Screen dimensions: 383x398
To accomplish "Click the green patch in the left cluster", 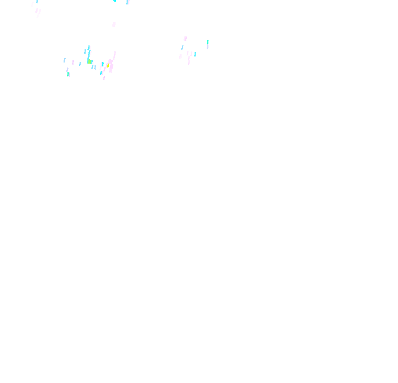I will (x=90, y=61).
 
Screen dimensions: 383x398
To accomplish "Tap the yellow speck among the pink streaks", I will (x=108, y=64).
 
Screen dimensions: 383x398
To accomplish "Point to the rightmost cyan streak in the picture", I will (x=208, y=43).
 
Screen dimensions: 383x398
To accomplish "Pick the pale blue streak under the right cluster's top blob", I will (x=182, y=48).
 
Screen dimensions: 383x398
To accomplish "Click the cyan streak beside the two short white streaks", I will (x=195, y=54).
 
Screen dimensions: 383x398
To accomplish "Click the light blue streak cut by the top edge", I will (x=128, y=2).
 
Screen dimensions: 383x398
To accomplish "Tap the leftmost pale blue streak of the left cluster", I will (x=65, y=60).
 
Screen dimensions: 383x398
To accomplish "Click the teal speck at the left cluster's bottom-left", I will (x=69, y=74).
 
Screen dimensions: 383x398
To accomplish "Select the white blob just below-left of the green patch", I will (x=86, y=65).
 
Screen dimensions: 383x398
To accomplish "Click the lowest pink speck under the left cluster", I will (x=104, y=78).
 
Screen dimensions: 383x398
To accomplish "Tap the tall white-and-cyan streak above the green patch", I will (x=89, y=51).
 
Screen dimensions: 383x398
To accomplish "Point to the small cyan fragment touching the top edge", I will (x=115, y=1).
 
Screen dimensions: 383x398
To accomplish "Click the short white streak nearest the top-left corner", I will (x=32, y=4).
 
